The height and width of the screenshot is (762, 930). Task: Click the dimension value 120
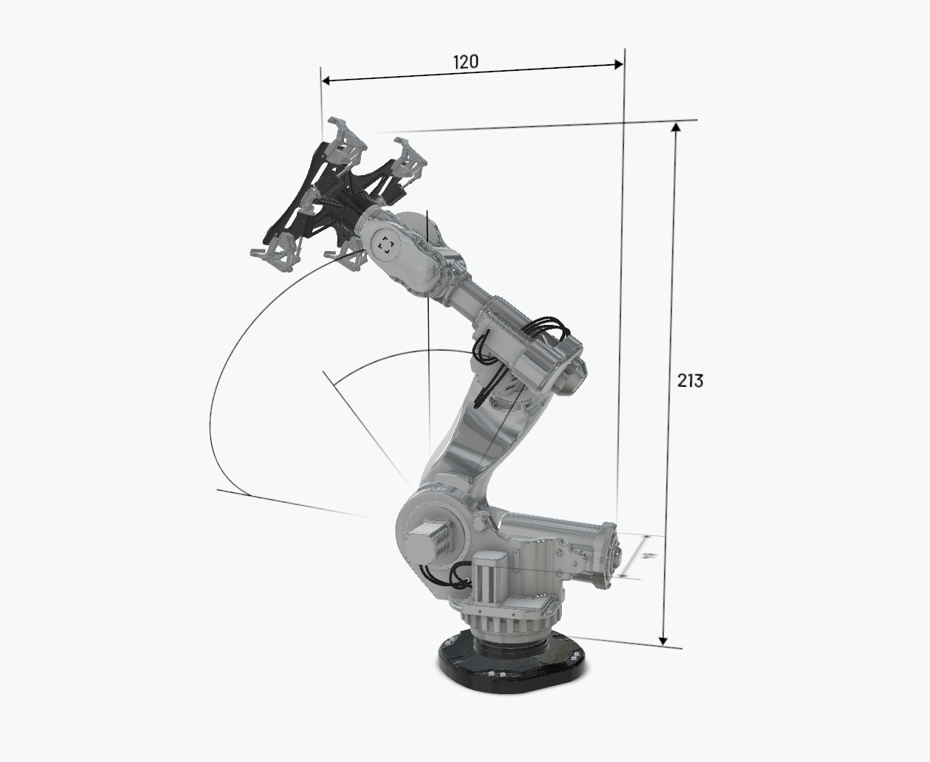coord(465,62)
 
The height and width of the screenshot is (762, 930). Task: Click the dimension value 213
coord(690,380)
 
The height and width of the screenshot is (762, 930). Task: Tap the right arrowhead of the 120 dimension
coord(619,65)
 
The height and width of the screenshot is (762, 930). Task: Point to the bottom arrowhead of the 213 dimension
coord(664,641)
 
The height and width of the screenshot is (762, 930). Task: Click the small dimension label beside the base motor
coord(646,555)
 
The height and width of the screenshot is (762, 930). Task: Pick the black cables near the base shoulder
coord(447,574)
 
